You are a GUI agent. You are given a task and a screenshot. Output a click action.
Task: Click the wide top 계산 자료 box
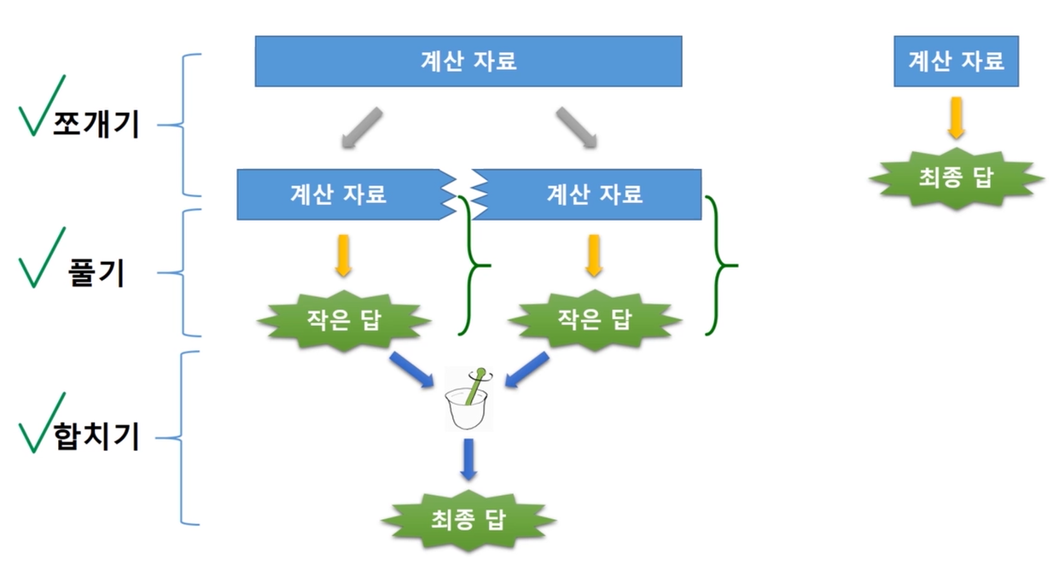click(x=468, y=61)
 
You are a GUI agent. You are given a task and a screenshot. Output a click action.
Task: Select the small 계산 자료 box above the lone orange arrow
click(x=956, y=61)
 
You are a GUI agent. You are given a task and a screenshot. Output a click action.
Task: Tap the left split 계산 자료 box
click(x=338, y=194)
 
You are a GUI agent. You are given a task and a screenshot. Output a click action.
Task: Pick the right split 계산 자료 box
click(x=594, y=194)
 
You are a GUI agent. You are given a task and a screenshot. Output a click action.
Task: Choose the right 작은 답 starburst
click(x=595, y=319)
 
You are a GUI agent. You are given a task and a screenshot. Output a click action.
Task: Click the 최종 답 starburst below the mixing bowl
click(x=468, y=520)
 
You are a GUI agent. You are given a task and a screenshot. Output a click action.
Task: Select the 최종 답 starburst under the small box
click(x=956, y=178)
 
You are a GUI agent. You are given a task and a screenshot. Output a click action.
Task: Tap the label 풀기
click(x=96, y=274)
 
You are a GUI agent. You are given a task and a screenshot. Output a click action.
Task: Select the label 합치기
click(x=96, y=438)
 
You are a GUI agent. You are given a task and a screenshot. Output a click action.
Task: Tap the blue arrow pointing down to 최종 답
click(x=468, y=460)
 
